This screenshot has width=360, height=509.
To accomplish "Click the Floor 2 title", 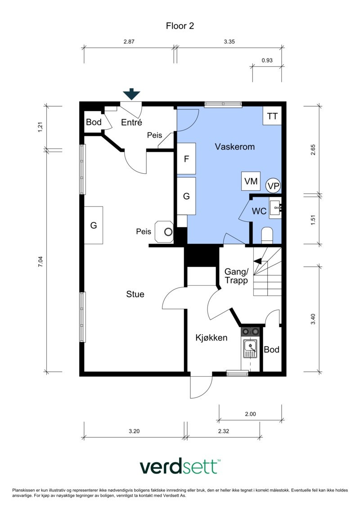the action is tap(180, 26).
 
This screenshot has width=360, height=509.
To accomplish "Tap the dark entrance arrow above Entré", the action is tap(131, 94).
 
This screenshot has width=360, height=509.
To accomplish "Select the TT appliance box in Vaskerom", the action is tap(272, 116).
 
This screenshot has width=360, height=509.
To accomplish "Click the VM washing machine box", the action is tap(251, 181).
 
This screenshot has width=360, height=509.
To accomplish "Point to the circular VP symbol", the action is tap(273, 186).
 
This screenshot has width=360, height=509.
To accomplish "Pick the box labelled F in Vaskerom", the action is tap(186, 159).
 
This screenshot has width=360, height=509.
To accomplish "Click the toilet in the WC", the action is tap(267, 235).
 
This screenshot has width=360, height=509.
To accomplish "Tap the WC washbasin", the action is tap(276, 207).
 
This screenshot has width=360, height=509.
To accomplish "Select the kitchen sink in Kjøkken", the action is tap(250, 349).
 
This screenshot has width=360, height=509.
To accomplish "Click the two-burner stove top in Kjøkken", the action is tap(251, 331).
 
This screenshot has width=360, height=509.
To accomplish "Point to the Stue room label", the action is tap(135, 294).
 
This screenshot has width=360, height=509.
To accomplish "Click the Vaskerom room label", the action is tap(235, 147).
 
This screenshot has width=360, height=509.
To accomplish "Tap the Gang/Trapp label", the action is tap(236, 276).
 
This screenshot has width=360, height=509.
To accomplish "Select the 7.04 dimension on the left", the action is tap(40, 261).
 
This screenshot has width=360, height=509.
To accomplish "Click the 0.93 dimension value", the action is tap(267, 60).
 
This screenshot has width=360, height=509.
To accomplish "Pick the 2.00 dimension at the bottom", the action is tap(250, 414).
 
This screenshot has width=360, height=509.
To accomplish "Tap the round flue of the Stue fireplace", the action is tap(168, 232).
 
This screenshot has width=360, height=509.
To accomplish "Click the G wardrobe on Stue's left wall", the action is tap(94, 225).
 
